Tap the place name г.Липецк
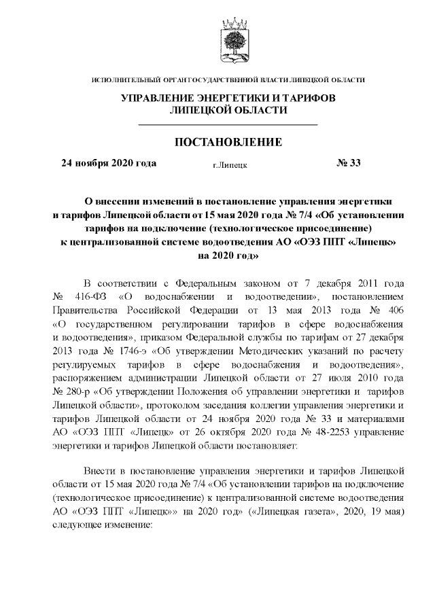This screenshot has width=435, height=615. click(230, 165)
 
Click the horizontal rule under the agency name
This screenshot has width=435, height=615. click(228, 125)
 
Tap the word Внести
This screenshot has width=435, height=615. click(99, 470)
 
